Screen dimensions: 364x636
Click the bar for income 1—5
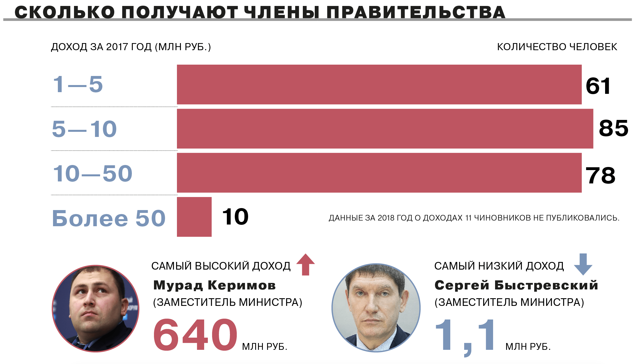pyautogui.click(x=379, y=84)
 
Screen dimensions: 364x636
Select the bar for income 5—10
pyautogui.click(x=385, y=129)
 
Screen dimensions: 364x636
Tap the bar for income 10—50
pyautogui.click(x=379, y=173)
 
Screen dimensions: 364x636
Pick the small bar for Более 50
pyautogui.click(x=194, y=217)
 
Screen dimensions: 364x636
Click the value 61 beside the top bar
pyautogui.click(x=598, y=86)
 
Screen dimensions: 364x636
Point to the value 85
pyautogui.click(x=613, y=128)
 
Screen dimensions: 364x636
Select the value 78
pyautogui.click(x=600, y=176)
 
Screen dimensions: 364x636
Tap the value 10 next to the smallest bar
pyautogui.click(x=235, y=217)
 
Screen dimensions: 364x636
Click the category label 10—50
pyautogui.click(x=93, y=173)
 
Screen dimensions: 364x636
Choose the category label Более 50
pyautogui.click(x=109, y=218)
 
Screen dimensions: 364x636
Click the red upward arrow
pyautogui.click(x=305, y=264)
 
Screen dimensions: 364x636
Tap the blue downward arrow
pyautogui.click(x=583, y=264)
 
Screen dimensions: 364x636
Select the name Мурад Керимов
pyautogui.click(x=214, y=285)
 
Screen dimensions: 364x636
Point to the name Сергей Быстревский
pyautogui.click(x=516, y=285)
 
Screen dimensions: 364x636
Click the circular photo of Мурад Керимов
pyautogui.click(x=96, y=308)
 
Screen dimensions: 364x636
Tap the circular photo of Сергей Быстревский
pyautogui.click(x=376, y=308)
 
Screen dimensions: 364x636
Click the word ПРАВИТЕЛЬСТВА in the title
pyautogui.click(x=416, y=12)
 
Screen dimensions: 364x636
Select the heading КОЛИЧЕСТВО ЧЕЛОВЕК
pyautogui.click(x=557, y=47)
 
